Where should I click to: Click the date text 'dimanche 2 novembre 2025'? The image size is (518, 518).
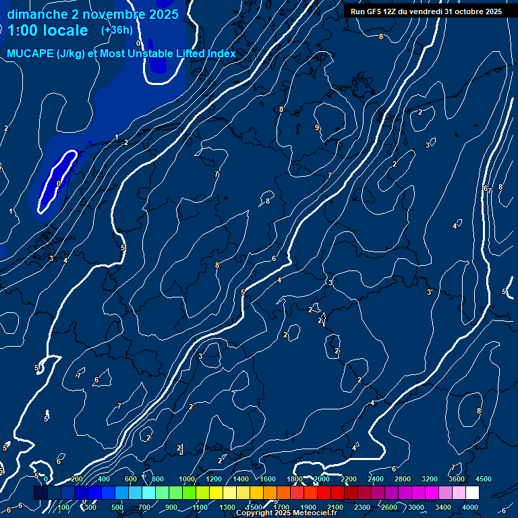93,14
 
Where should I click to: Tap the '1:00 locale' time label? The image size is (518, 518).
48,30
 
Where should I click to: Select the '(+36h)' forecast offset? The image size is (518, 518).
117,30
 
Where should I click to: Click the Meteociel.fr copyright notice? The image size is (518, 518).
286,513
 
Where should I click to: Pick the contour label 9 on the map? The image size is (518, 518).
316,127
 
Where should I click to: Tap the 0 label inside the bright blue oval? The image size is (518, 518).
59,183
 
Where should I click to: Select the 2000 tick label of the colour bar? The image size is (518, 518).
322,479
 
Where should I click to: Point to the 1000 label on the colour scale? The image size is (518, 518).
187,479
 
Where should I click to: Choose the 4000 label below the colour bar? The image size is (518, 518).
470,507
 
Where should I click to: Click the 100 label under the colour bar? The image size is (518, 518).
64,507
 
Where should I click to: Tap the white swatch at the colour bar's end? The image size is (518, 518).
472,493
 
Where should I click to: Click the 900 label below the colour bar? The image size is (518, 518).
172,507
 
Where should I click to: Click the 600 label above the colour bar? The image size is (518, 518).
131,479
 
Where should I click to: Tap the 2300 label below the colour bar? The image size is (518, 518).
362,507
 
